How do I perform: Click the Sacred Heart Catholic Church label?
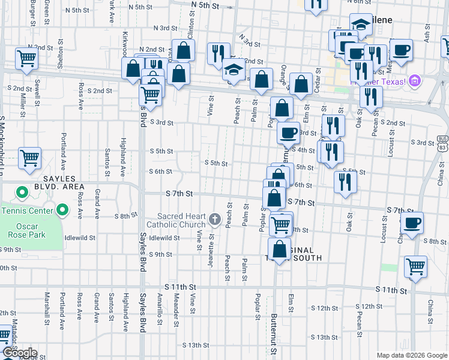pos(182,220)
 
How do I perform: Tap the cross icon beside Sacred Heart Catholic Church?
pos(216,220)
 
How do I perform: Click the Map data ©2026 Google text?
pos(411,355)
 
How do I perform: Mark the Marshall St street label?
pos(46,306)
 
